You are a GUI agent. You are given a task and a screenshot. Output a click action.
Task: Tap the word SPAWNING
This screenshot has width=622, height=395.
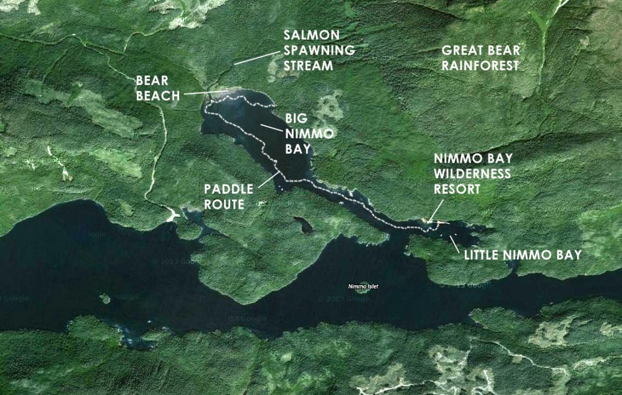(x=321, y=50)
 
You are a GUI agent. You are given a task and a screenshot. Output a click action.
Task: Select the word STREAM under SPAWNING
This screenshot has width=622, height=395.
(x=310, y=65)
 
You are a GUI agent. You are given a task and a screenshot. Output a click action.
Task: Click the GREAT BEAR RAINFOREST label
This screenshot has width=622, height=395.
(x=480, y=58)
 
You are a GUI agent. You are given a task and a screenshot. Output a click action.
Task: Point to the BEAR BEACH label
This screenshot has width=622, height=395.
(x=158, y=87)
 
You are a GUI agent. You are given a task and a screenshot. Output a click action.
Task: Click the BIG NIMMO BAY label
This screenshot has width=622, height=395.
(x=299, y=132)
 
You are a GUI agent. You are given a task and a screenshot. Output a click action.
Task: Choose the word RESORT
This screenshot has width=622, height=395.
(x=457, y=189)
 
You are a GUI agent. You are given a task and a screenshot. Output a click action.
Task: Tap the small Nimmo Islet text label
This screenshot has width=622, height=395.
(x=363, y=286)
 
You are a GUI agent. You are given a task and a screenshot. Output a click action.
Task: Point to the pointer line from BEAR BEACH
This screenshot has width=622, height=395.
(x=205, y=92)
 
